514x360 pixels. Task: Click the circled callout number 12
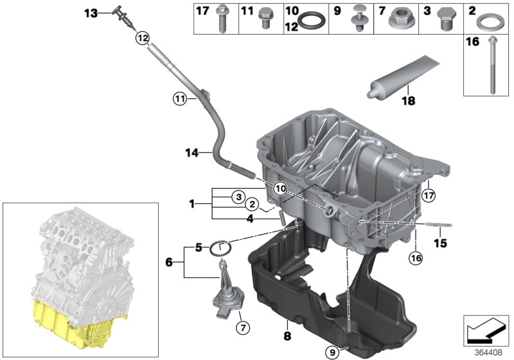(143, 38)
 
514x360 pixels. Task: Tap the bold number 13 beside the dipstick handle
(91, 13)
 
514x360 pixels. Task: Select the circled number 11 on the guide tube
(180, 98)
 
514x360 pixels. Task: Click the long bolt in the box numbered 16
(492, 65)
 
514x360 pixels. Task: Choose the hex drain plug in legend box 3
(444, 19)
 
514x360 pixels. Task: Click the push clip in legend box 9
(358, 18)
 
